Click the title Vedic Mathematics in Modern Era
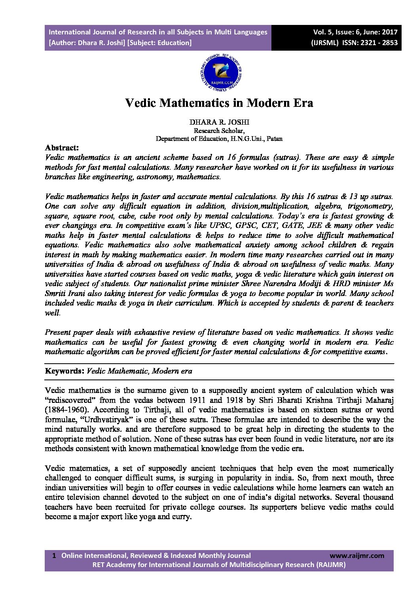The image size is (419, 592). point(219,103)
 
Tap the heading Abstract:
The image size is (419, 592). point(62,148)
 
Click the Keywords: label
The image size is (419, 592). point(64,371)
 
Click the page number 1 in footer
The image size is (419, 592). point(54,556)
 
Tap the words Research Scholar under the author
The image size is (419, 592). point(219,130)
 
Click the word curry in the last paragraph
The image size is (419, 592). point(182,517)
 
